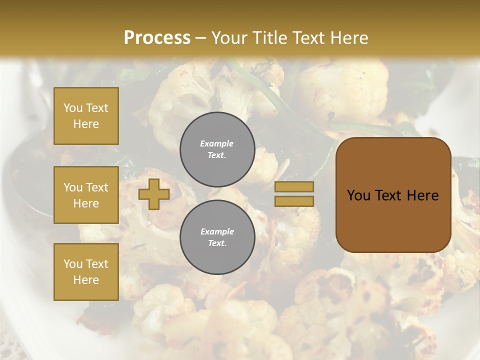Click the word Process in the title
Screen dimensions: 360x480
[x=157, y=38]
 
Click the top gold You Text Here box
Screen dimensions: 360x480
[x=86, y=116]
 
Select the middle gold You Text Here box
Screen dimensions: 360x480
[x=86, y=195]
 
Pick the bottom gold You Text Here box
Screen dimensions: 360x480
[x=86, y=271]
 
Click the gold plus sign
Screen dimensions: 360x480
[x=154, y=194]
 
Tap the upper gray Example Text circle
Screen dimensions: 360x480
[x=217, y=149]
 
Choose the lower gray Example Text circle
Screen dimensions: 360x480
[x=217, y=237]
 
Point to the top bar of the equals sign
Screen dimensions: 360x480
[x=294, y=187]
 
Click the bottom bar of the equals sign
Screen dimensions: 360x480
[x=294, y=201]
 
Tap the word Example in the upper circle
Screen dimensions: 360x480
[x=217, y=143]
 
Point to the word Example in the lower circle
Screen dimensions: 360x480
[x=217, y=231]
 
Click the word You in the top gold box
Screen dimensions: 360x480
[x=73, y=108]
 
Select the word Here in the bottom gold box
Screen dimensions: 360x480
[x=86, y=280]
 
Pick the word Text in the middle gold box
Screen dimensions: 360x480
[x=97, y=187]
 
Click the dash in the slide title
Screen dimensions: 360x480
[x=201, y=38]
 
